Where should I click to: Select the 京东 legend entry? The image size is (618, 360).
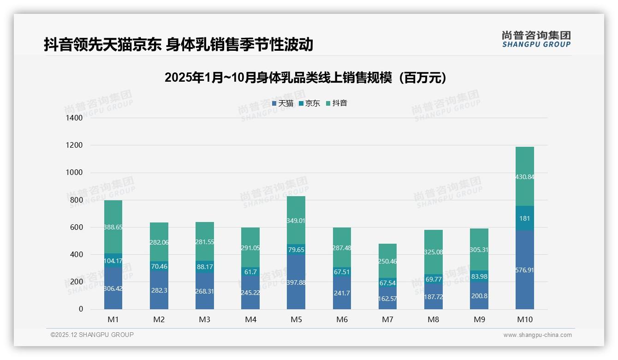309,103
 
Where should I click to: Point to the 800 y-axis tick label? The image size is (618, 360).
77,200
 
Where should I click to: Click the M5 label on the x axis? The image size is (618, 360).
296,319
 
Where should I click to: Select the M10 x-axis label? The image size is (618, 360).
525,319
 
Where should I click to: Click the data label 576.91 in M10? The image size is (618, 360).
525,270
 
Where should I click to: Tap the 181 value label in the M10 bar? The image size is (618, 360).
525,218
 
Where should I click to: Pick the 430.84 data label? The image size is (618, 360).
525,177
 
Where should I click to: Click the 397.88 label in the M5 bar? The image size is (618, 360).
296,282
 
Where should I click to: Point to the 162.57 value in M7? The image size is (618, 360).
387,299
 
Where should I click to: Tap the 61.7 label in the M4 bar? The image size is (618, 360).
250,272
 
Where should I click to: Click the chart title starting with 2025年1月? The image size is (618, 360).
305,78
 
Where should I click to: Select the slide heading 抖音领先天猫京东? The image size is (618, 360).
178,44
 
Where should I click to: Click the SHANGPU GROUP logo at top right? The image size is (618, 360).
536,39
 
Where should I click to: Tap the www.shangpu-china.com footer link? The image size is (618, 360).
537,335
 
